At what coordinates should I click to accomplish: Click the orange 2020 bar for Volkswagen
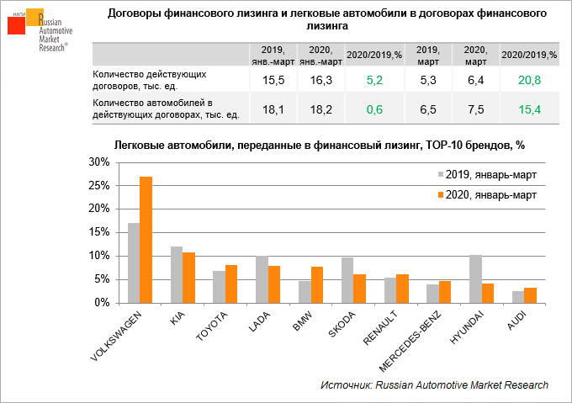click(x=146, y=240)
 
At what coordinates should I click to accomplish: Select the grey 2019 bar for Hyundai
click(x=475, y=278)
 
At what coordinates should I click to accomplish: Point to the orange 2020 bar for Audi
click(x=531, y=294)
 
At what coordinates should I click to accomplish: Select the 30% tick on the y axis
click(x=98, y=162)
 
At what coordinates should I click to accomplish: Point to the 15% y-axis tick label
click(x=98, y=232)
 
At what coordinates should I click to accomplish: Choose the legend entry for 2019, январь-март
click(x=491, y=175)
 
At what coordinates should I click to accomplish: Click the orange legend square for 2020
click(x=439, y=194)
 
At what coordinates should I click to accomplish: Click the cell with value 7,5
click(x=476, y=109)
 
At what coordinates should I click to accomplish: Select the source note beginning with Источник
click(x=434, y=384)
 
